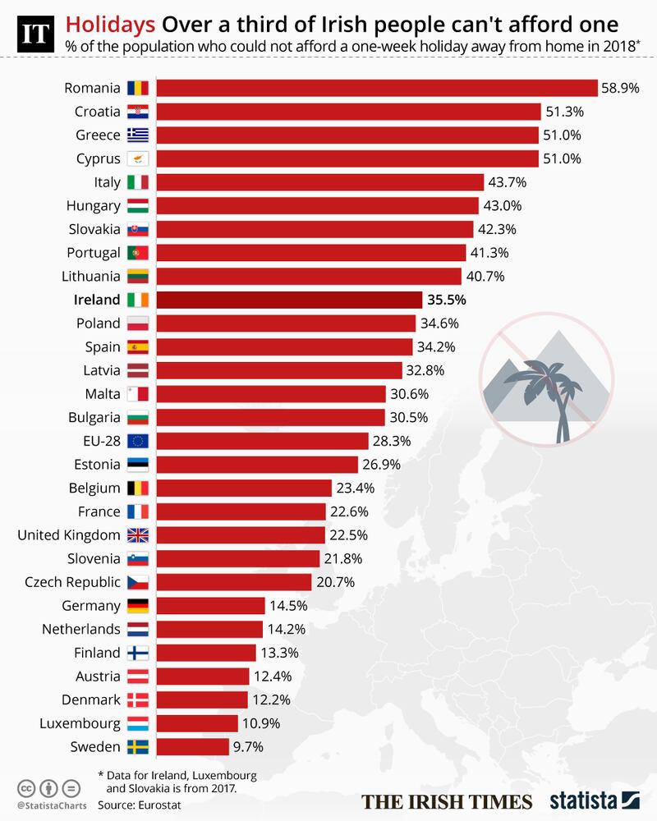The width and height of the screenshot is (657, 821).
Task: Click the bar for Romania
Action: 376,88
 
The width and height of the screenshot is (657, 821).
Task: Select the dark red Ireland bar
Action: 288,300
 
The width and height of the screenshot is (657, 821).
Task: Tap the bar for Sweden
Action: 192,747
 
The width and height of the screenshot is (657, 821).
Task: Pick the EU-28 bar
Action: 262,441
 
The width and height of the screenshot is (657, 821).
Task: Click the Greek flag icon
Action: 137,135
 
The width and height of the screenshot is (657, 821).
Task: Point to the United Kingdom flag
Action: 137,535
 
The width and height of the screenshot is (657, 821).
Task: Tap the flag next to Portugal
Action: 137,252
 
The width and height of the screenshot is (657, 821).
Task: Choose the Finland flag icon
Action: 137,653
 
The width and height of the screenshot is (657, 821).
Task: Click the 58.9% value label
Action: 620,88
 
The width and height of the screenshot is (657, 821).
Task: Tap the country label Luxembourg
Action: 80,723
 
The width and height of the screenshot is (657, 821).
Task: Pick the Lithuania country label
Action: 91,276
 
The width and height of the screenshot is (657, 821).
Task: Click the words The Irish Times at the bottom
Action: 448,801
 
